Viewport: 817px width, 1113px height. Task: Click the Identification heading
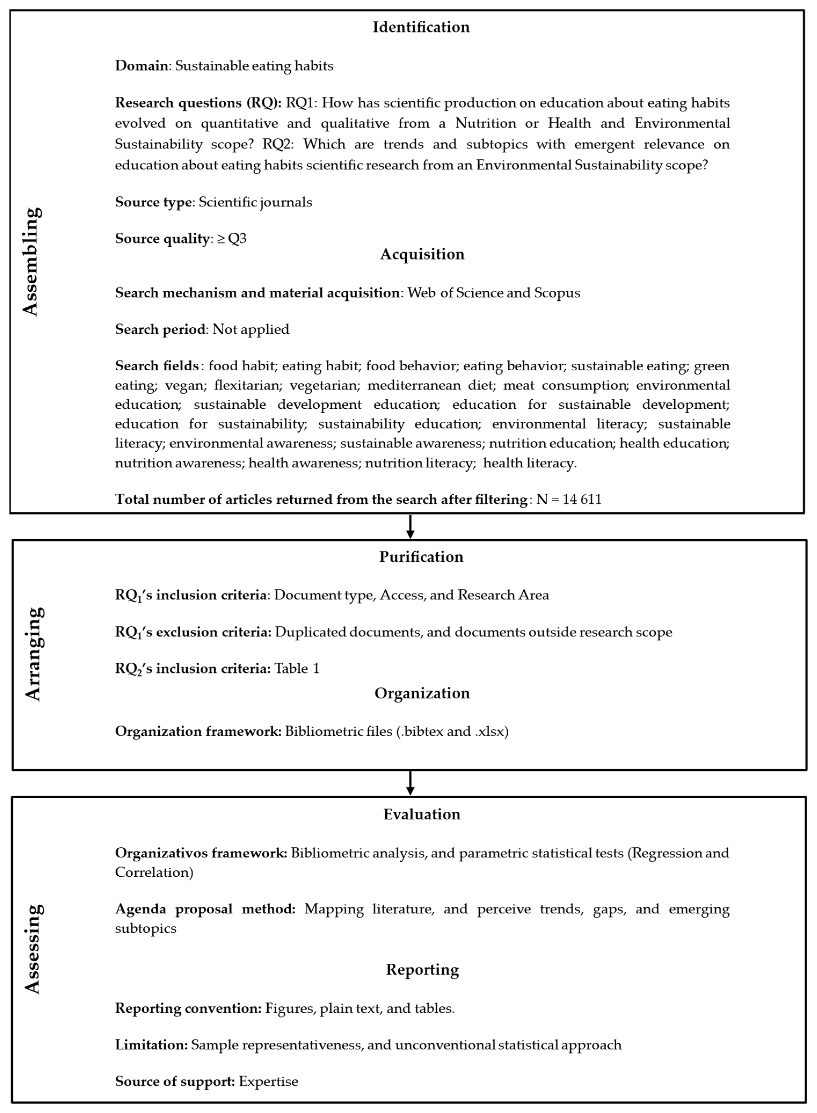point(421,27)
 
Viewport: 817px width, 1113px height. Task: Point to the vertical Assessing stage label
point(33,949)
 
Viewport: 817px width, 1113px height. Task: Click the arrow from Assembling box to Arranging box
point(410,526)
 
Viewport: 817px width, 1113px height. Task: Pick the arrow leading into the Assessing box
point(410,783)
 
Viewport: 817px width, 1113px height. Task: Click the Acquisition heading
point(422,254)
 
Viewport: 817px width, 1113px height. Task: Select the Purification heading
point(421,557)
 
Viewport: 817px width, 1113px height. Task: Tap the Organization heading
point(422,693)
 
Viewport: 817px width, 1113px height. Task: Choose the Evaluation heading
point(422,814)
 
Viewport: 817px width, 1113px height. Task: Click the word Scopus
point(557,293)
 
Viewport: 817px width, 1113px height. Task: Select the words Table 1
point(297,669)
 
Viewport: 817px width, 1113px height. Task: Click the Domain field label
point(141,66)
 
